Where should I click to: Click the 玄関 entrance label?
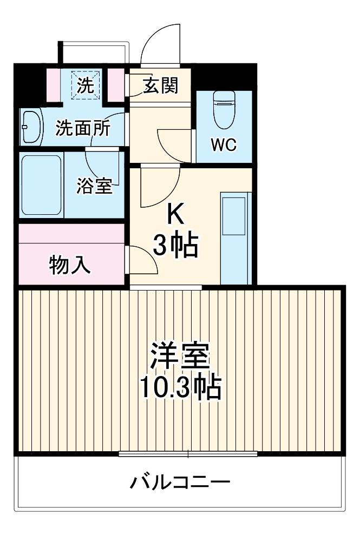click(x=161, y=85)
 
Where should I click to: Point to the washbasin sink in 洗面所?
click(x=31, y=127)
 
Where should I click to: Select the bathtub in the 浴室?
click(x=41, y=185)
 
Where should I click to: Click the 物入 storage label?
click(x=70, y=265)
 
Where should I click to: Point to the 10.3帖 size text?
click(x=180, y=387)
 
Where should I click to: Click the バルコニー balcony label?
click(x=180, y=481)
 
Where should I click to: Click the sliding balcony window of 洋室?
click(x=188, y=453)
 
